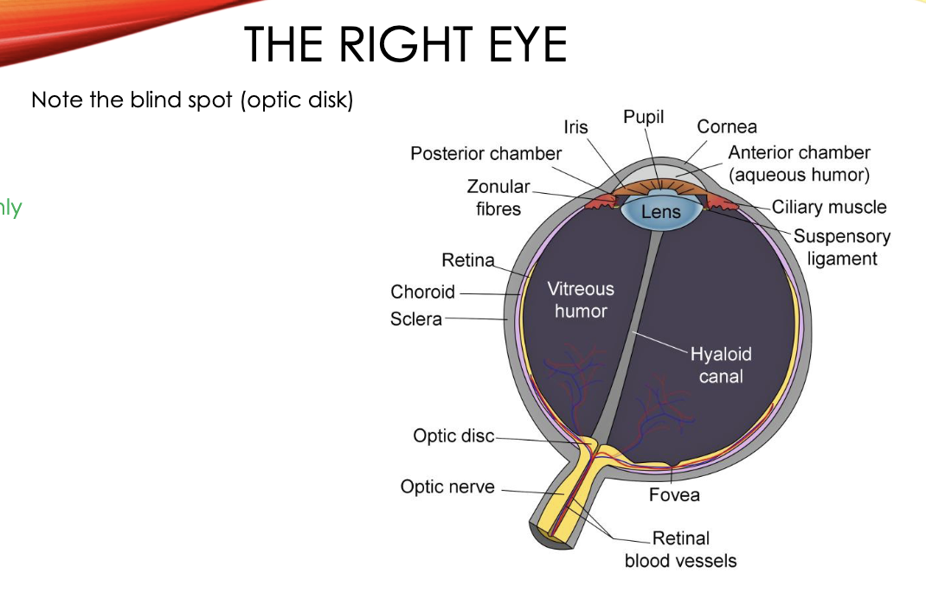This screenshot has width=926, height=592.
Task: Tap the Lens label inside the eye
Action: pos(661,212)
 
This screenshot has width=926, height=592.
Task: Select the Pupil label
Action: pos(643,117)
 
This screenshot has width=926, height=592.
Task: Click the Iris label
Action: pos(576,127)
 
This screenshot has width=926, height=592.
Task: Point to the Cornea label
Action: pos(727,126)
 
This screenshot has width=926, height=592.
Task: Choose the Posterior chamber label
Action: pos(486,154)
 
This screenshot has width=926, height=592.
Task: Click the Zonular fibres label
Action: pos(498,197)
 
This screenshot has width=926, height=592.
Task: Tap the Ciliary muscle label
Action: pos(829,207)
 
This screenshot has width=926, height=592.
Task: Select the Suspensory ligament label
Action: pos(841,248)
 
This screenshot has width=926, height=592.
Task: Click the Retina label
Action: pos(467,260)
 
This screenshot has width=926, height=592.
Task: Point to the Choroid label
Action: pos(422,292)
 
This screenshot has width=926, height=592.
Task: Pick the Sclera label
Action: pos(416,319)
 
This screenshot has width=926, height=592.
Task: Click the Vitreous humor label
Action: pos(581,299)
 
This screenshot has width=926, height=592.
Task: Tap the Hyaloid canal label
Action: pos(721,364)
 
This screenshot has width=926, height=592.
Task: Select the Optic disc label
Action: pos(453,436)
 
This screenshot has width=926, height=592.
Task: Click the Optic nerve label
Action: pos(447,487)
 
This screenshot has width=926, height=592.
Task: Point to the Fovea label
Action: pos(674,495)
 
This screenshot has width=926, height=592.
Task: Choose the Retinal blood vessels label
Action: pos(680,550)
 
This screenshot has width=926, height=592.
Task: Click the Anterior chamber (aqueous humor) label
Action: pos(799,164)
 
